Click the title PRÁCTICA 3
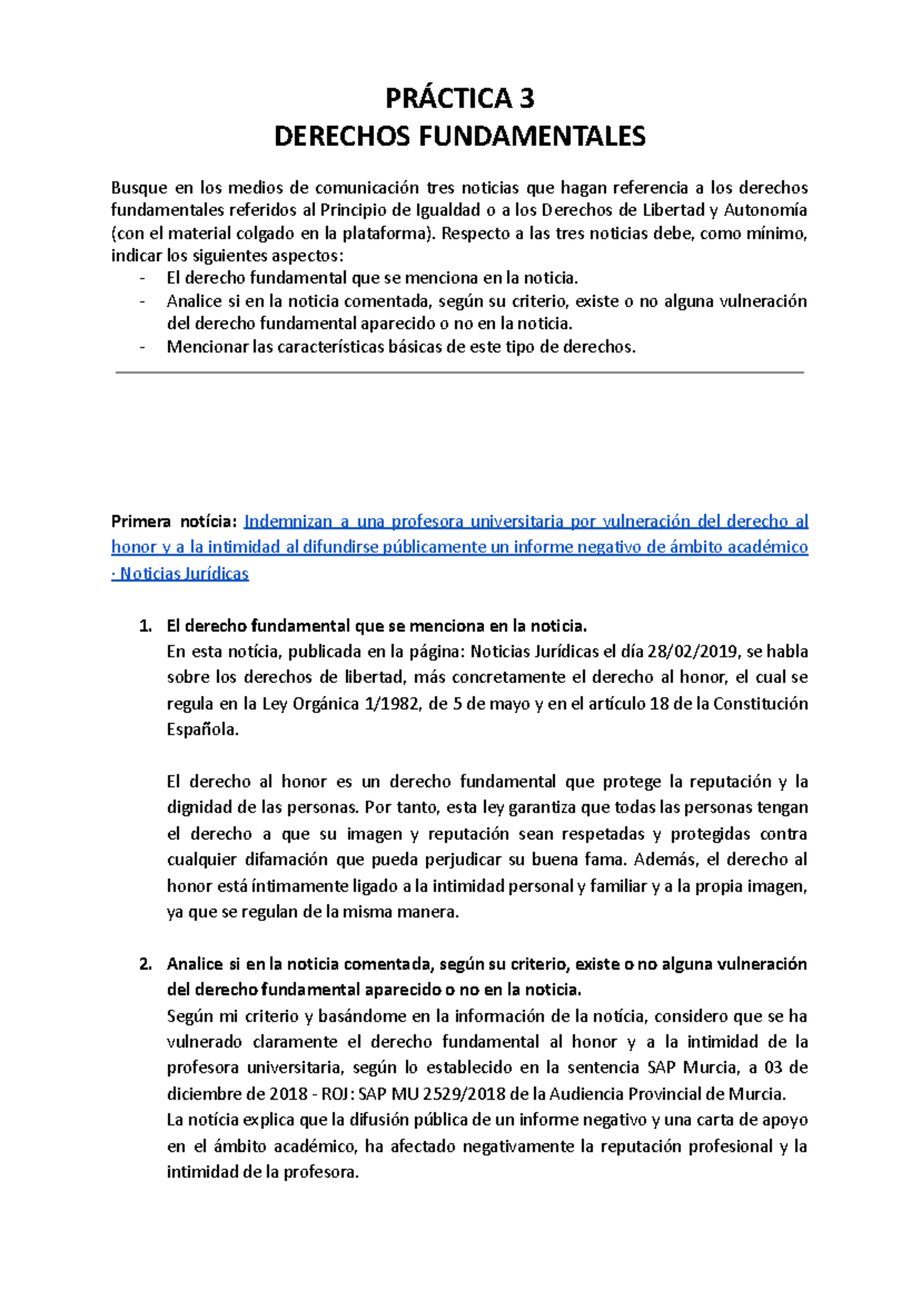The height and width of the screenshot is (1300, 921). click(x=459, y=98)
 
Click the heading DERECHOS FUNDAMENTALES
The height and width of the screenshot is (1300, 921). click(x=460, y=137)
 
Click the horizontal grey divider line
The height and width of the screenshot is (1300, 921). click(x=459, y=373)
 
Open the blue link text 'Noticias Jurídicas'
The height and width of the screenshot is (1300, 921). click(x=184, y=574)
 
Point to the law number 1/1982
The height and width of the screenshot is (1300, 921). click(x=391, y=704)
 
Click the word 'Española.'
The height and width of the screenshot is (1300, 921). click(x=203, y=730)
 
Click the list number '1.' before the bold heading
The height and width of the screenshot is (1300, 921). click(x=146, y=626)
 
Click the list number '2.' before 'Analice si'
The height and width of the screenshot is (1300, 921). click(x=146, y=964)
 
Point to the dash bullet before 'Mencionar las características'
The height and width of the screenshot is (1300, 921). click(x=142, y=348)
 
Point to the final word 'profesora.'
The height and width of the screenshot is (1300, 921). click(x=322, y=1173)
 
